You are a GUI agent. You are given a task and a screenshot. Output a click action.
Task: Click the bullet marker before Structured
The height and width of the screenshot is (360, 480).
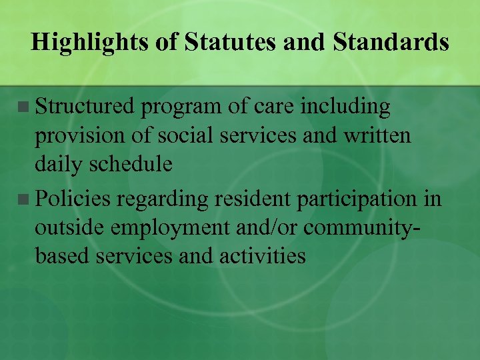24,107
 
